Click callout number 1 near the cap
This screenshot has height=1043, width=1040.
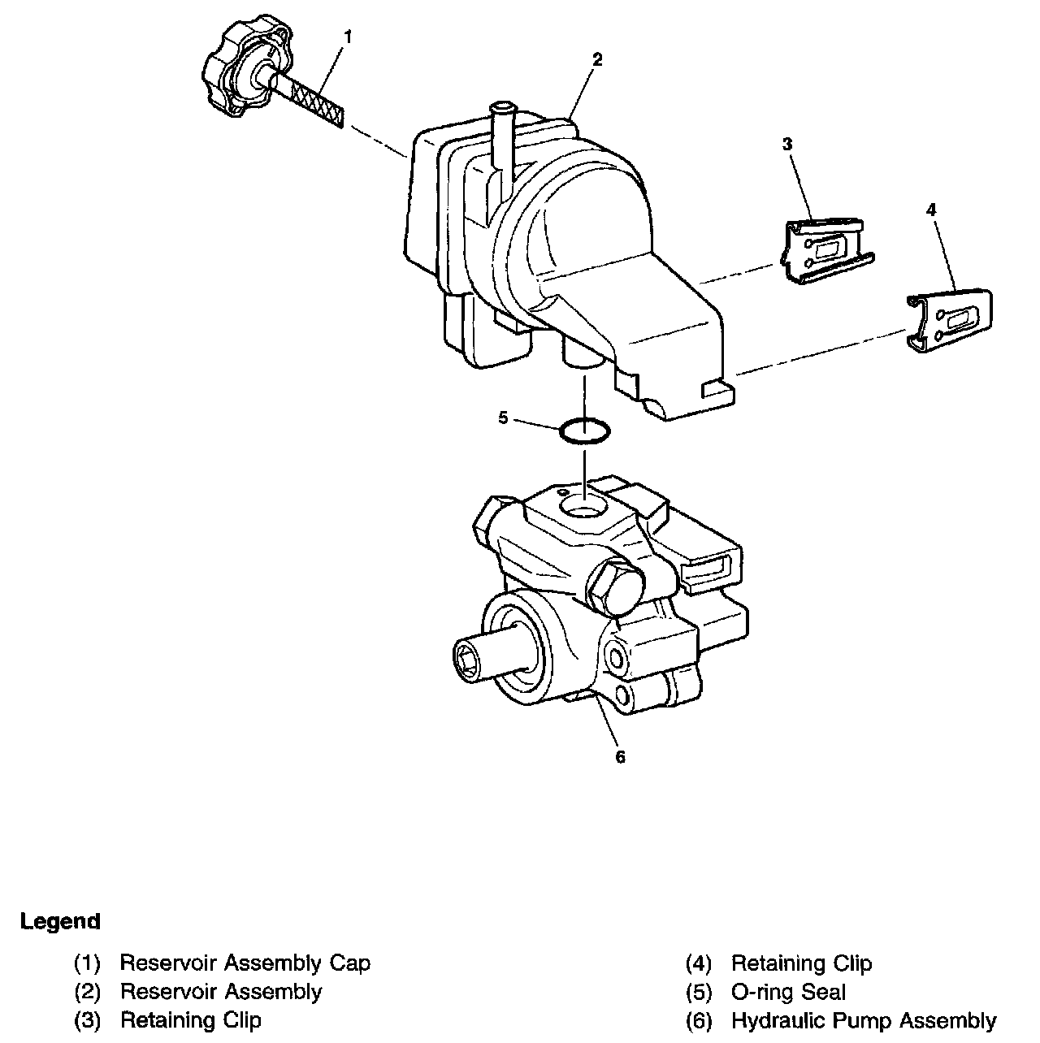(x=348, y=37)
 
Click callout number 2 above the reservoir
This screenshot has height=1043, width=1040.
(x=597, y=59)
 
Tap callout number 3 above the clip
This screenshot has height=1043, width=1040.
(x=787, y=144)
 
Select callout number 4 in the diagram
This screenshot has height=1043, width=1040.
(x=931, y=210)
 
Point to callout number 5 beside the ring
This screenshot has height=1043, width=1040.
(x=504, y=418)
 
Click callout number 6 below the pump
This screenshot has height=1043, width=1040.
(x=621, y=757)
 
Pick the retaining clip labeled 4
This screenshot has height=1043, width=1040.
(x=951, y=321)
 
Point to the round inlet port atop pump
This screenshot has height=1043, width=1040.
(x=583, y=506)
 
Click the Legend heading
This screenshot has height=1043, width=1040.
(x=60, y=920)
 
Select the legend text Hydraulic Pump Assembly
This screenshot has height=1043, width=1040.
(x=864, y=1020)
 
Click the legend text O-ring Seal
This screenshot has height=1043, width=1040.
(x=788, y=992)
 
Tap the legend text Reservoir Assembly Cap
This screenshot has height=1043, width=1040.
(x=245, y=963)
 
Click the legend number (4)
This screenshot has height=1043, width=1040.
(x=699, y=963)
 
